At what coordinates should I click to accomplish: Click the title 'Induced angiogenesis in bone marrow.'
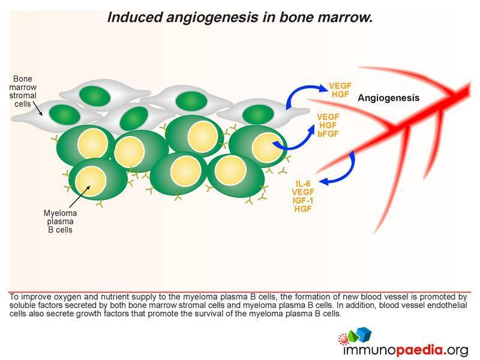tap(240, 17)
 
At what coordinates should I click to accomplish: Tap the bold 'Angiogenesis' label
tap(388, 98)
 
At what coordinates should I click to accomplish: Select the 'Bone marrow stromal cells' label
tap(23, 91)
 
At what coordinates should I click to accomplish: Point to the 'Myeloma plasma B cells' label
tap(60, 221)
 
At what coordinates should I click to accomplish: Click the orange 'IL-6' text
tap(303, 184)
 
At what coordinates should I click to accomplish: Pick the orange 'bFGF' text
tap(328, 134)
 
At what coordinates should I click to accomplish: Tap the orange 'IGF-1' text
tap(303, 200)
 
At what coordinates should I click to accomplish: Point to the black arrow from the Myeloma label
tap(80, 197)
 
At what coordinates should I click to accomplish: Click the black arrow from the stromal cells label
tap(37, 109)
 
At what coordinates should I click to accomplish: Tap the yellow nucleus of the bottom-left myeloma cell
tap(91, 181)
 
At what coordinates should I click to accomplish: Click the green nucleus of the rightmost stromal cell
tap(258, 115)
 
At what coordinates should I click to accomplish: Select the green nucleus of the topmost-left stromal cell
tap(95, 96)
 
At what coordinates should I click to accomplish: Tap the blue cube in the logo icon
tap(365, 334)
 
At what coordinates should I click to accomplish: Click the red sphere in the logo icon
tap(344, 339)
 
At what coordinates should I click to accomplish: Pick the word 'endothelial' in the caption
tap(447, 305)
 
